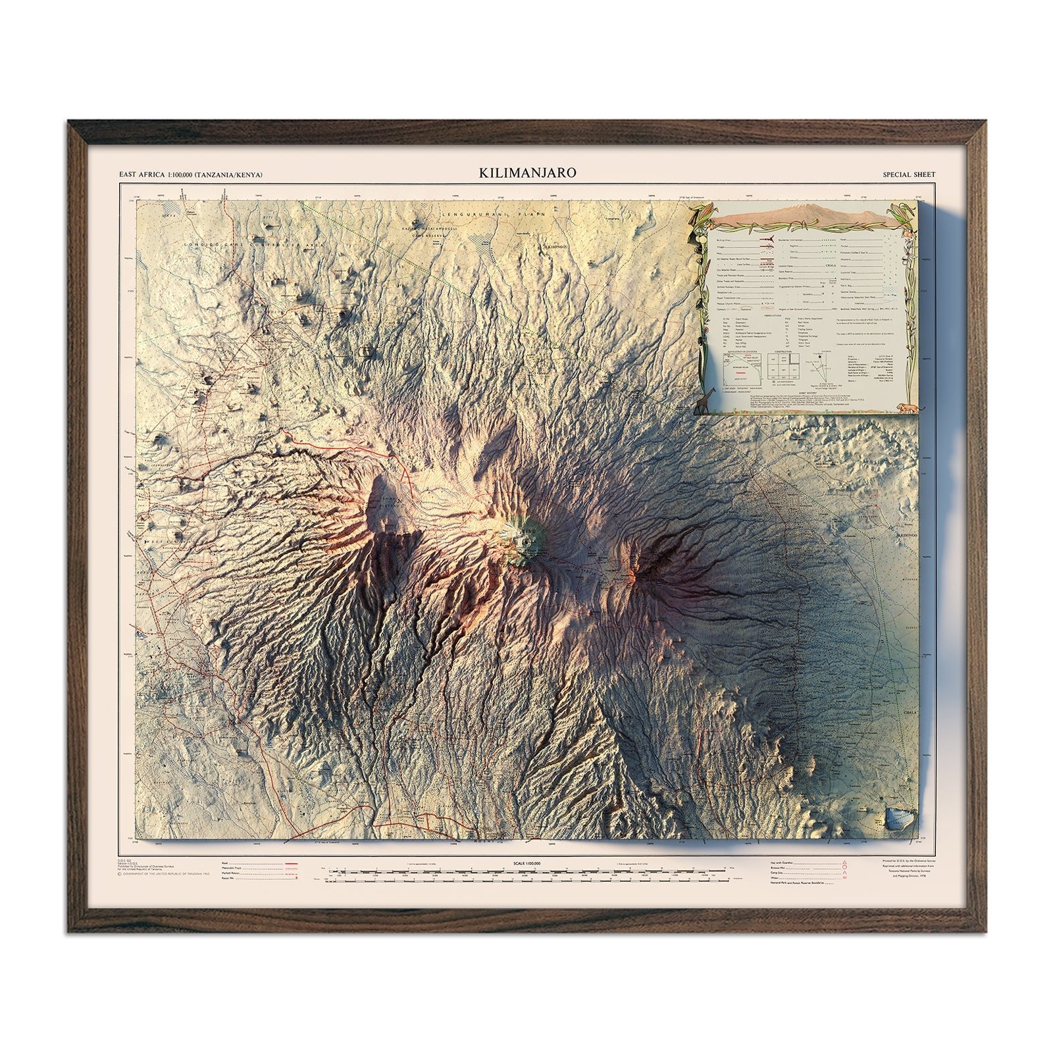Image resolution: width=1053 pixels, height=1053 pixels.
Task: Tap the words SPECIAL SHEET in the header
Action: coord(909,174)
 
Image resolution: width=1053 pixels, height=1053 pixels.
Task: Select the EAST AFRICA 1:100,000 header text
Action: coord(190,174)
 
